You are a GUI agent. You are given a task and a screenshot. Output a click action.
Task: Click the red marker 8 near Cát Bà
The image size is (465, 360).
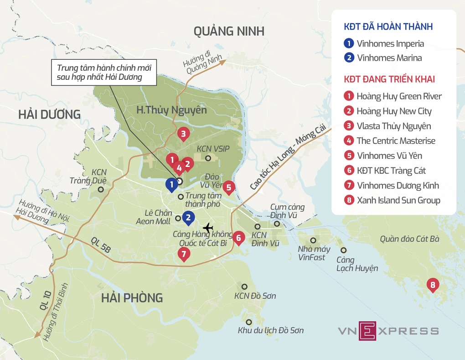[x=433, y=286]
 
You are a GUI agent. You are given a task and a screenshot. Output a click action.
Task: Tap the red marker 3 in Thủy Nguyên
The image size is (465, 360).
[x=183, y=134]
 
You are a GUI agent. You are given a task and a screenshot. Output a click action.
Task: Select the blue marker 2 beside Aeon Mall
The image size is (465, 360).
[x=187, y=218]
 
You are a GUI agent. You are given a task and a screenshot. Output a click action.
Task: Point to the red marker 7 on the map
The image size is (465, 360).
[x=183, y=254]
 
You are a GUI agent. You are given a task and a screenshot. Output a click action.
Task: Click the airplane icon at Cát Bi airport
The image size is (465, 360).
[x=208, y=227]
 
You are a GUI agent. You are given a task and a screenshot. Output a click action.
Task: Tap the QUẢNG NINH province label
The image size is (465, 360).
[x=228, y=31]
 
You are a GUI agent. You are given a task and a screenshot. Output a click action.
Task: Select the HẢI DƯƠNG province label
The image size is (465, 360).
[x=49, y=115]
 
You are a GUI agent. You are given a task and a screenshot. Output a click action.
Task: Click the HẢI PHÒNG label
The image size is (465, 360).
[x=132, y=298]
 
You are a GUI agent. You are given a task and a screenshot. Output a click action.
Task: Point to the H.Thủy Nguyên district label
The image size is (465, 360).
[x=171, y=110]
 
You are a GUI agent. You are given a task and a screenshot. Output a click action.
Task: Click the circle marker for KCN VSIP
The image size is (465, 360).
[x=208, y=158]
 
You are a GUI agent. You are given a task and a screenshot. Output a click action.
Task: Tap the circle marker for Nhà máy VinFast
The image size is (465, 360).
[x=313, y=240]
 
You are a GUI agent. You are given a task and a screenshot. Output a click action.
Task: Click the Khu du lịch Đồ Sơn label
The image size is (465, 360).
[x=270, y=330]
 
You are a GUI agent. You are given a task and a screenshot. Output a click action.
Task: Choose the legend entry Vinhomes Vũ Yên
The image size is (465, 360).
[x=389, y=155]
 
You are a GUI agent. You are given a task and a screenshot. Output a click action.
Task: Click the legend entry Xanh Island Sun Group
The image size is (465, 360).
[x=398, y=200]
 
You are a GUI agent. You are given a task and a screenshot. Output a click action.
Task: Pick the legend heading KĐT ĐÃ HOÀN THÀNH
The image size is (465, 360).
[x=388, y=27]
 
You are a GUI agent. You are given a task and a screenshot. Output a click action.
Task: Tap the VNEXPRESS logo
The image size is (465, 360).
[x=388, y=331]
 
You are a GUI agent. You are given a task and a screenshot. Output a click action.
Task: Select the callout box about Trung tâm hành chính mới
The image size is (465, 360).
[x=104, y=73]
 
